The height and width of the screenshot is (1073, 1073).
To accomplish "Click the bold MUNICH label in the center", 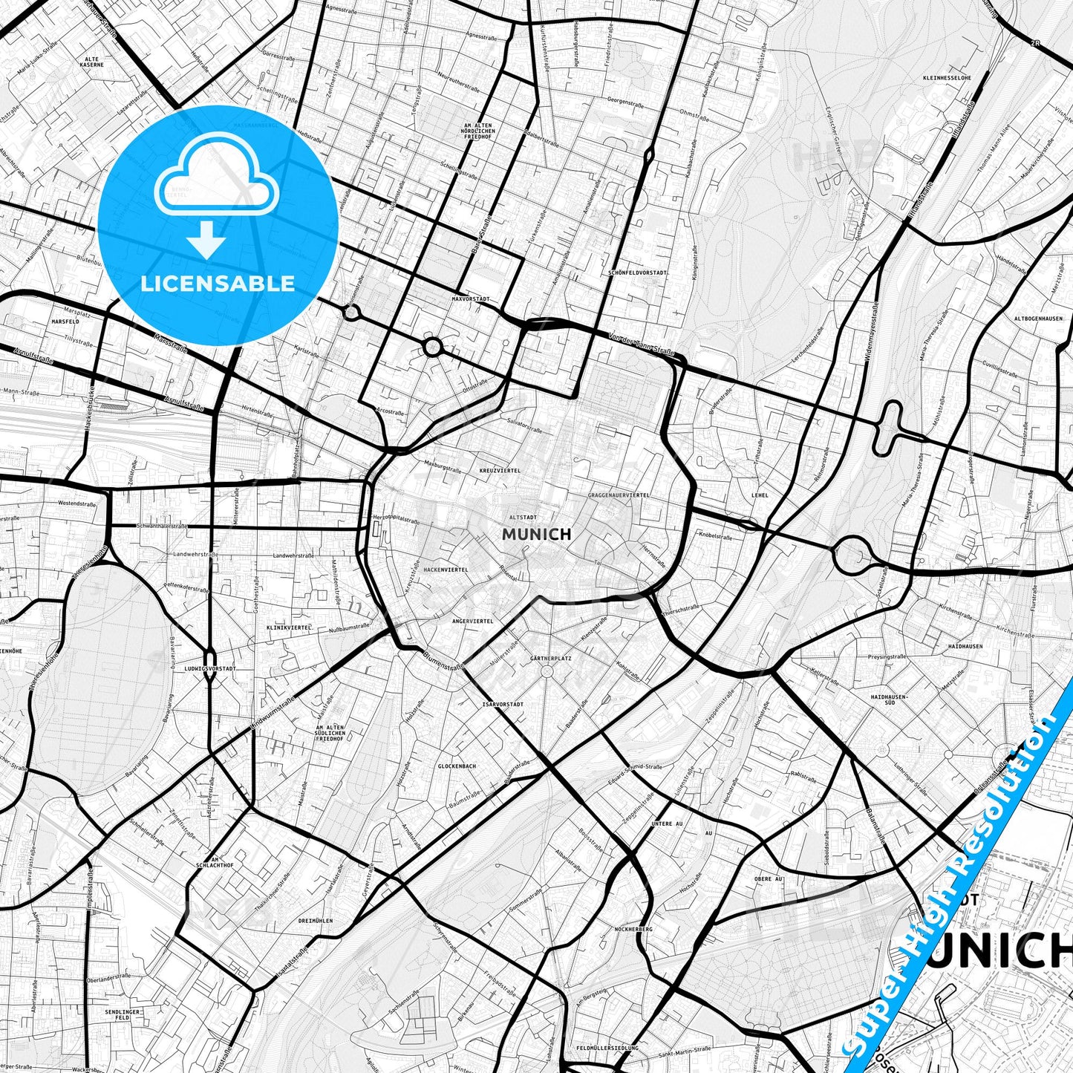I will pos(536,534).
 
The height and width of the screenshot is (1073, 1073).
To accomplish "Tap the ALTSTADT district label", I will pos(523,517).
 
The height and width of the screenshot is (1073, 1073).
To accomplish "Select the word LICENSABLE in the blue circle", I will pos(218,283).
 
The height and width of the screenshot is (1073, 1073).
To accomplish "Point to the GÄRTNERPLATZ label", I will pos(551,658).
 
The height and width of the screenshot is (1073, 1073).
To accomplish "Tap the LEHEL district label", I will pos(760,495).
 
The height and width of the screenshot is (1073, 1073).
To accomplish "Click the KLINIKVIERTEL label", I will pos(289,627).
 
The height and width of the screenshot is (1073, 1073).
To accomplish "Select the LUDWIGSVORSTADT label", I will pos(210,668).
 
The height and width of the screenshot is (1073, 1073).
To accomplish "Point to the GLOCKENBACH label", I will pos(457,766).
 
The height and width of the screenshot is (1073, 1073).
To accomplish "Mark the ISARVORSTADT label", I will pos(503,704).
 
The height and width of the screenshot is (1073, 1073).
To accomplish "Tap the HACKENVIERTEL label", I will pos(446,570).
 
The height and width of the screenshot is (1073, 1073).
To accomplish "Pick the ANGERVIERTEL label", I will pos(473,620).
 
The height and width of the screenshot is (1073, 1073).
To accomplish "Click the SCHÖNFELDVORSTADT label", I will pos(637,273).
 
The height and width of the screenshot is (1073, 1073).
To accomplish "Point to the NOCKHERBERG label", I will pos(633,929).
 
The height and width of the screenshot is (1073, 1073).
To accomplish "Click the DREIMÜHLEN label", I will pos(315,921).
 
